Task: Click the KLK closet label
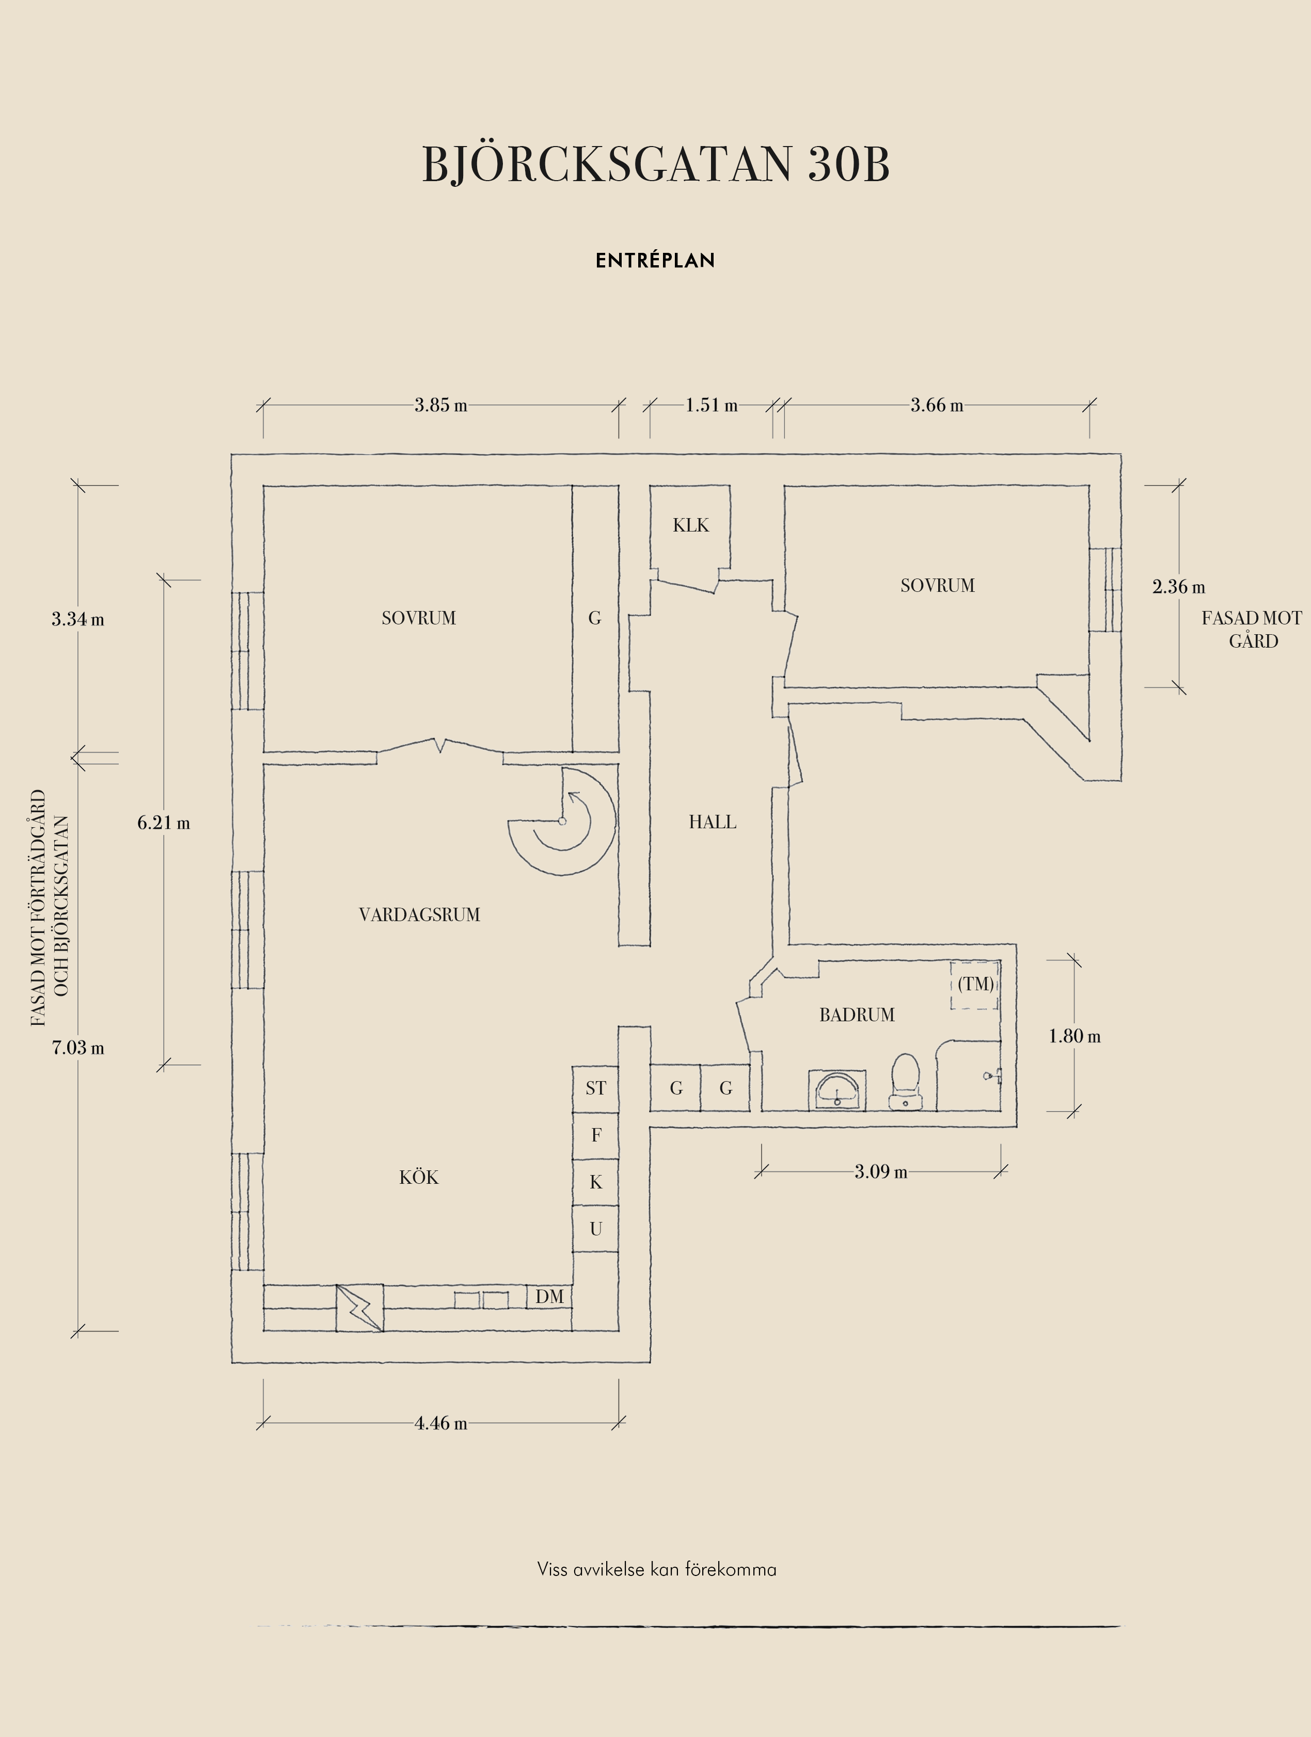(690, 525)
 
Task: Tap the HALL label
(713, 822)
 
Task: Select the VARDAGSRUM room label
(419, 915)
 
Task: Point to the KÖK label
(419, 1177)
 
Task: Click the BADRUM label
(857, 1016)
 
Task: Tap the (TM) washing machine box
(975, 985)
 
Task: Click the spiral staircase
(562, 822)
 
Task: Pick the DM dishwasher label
(550, 1296)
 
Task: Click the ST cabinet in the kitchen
(595, 1088)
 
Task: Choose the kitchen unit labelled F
(595, 1135)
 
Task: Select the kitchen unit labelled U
(595, 1229)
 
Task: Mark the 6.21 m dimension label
(163, 823)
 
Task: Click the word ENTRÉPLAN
(655, 261)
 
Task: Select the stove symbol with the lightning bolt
(360, 1308)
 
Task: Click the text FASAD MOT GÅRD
(1252, 630)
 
